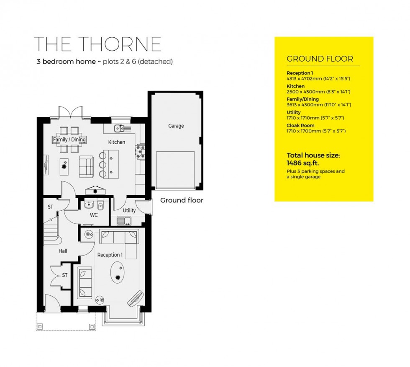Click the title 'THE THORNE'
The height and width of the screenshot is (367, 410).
tap(97, 44)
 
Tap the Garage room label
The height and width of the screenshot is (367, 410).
tap(176, 126)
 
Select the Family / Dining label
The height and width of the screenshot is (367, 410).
tap(69, 140)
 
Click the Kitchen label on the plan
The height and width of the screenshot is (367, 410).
tap(117, 142)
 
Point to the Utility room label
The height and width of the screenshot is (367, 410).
tap(129, 210)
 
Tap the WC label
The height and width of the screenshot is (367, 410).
tap(94, 215)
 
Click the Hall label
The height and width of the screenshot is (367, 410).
tap(63, 251)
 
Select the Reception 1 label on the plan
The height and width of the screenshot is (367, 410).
tap(110, 255)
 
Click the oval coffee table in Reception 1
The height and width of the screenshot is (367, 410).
tap(117, 274)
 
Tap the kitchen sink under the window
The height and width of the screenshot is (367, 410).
tap(118, 127)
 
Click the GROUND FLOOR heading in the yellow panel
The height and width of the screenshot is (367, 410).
tap(320, 59)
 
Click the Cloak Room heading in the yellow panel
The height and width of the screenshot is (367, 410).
tap(300, 125)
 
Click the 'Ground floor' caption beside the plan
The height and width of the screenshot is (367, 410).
tap(182, 200)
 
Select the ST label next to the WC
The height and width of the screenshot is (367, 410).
tap(50, 207)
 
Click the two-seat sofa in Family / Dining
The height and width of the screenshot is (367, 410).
tap(87, 165)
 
